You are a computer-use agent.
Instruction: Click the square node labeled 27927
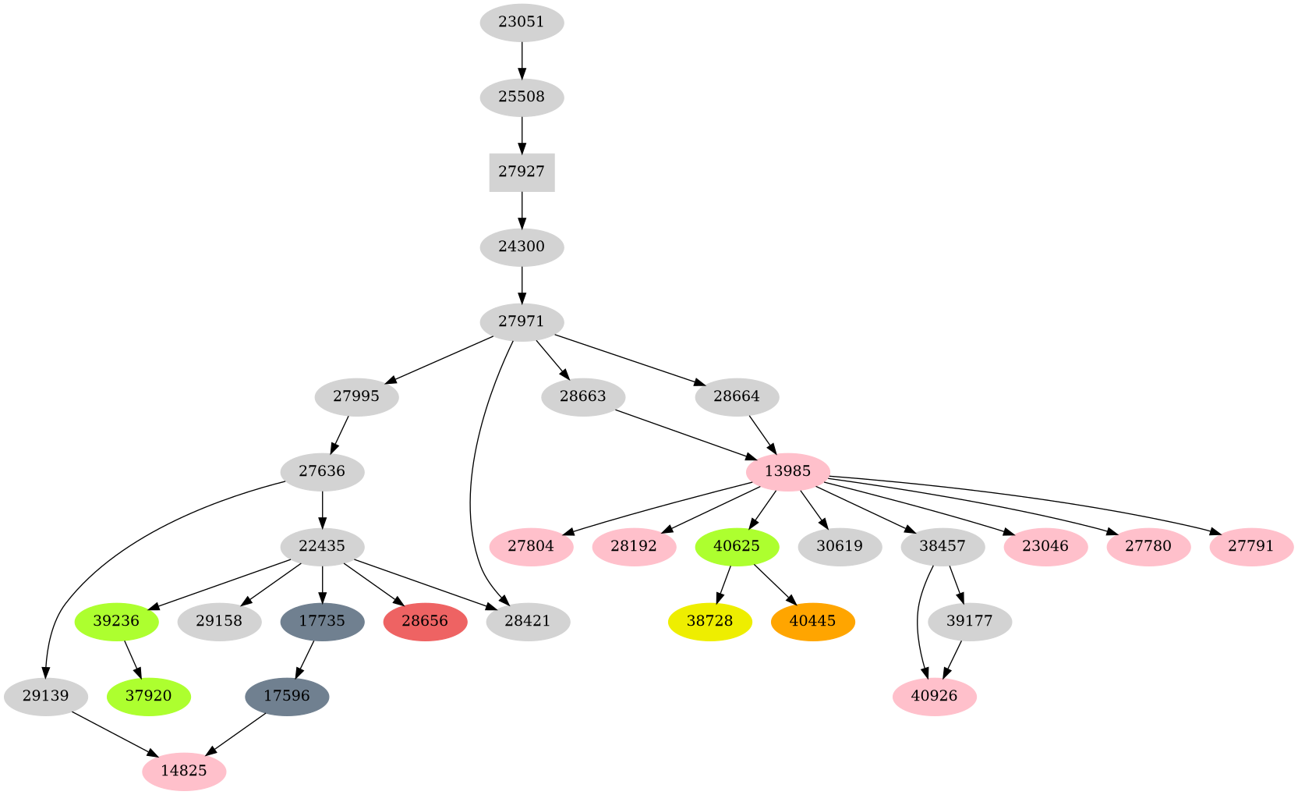coord(522,172)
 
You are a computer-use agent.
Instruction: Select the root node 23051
coord(522,23)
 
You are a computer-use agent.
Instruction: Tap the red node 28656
coord(425,622)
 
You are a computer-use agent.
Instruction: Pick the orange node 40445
coord(812,622)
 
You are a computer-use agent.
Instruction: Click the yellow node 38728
coord(709,622)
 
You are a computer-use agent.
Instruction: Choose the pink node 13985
coord(787,472)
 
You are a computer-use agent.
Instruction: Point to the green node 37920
coord(148,696)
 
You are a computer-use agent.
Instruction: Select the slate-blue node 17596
coord(287,696)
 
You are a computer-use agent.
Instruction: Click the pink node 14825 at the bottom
coord(184,772)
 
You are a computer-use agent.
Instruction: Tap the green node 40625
coord(736,547)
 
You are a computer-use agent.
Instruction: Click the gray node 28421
coord(528,622)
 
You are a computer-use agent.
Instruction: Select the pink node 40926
coord(934,696)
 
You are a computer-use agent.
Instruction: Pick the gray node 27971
coord(522,322)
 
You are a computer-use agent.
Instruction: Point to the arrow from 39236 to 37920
coord(133,659)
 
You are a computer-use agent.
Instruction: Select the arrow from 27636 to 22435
coord(323,509)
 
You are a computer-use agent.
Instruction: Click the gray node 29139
coord(45,696)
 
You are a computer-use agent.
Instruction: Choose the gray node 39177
coord(970,622)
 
